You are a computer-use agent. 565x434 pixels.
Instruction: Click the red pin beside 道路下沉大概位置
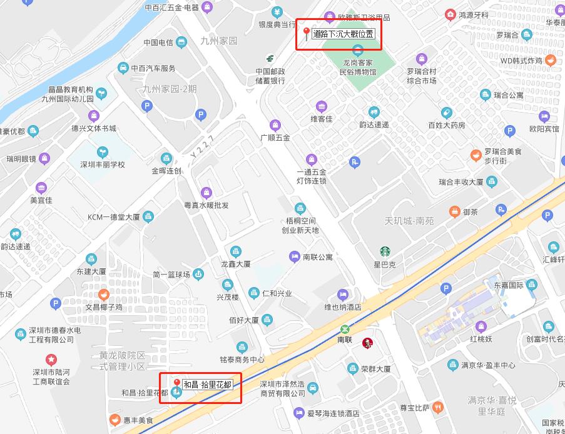[306, 33]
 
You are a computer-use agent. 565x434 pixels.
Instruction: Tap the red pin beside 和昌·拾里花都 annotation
[177, 383]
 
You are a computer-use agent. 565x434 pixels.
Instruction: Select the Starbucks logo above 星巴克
[385, 251]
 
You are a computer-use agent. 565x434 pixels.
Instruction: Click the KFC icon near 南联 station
[367, 340]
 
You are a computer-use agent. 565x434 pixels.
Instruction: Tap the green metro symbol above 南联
[345, 329]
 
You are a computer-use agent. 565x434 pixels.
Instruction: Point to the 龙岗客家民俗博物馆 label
[358, 68]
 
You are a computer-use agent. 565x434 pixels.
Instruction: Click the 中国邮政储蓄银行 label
[270, 76]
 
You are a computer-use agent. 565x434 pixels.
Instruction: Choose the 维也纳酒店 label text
[342, 307]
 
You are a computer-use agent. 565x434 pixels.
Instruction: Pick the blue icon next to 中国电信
[181, 43]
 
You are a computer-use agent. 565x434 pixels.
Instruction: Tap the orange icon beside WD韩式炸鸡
[551, 61]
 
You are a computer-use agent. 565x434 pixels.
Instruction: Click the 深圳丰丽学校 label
[103, 164]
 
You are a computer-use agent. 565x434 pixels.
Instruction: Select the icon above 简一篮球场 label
[198, 273]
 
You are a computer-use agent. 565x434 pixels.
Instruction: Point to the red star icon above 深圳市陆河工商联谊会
[51, 359]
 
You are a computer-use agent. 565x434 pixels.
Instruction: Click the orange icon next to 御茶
[454, 212]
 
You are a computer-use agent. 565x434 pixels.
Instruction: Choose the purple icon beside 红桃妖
[481, 326]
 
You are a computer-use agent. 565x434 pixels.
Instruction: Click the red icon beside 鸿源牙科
[450, 14]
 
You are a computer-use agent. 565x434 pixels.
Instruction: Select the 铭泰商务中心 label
[242, 360]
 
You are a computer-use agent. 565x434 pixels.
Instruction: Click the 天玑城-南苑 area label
[409, 221]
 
